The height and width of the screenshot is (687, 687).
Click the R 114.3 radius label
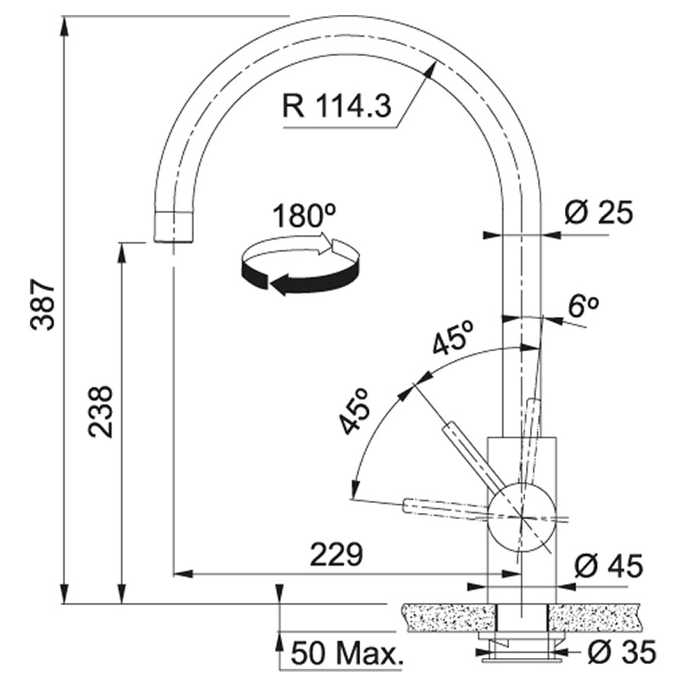[x=337, y=106]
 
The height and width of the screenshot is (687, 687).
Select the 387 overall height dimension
[x=43, y=305]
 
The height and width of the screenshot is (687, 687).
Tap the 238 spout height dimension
[x=101, y=411]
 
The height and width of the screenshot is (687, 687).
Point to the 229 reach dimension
[x=337, y=555]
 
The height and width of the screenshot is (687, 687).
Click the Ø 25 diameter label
[x=598, y=213]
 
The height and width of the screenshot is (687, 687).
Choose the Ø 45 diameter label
[x=608, y=566]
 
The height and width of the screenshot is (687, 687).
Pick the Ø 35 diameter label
[x=621, y=652]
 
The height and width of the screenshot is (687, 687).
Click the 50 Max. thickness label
[x=346, y=653]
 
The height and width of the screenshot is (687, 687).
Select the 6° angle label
[x=583, y=306]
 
